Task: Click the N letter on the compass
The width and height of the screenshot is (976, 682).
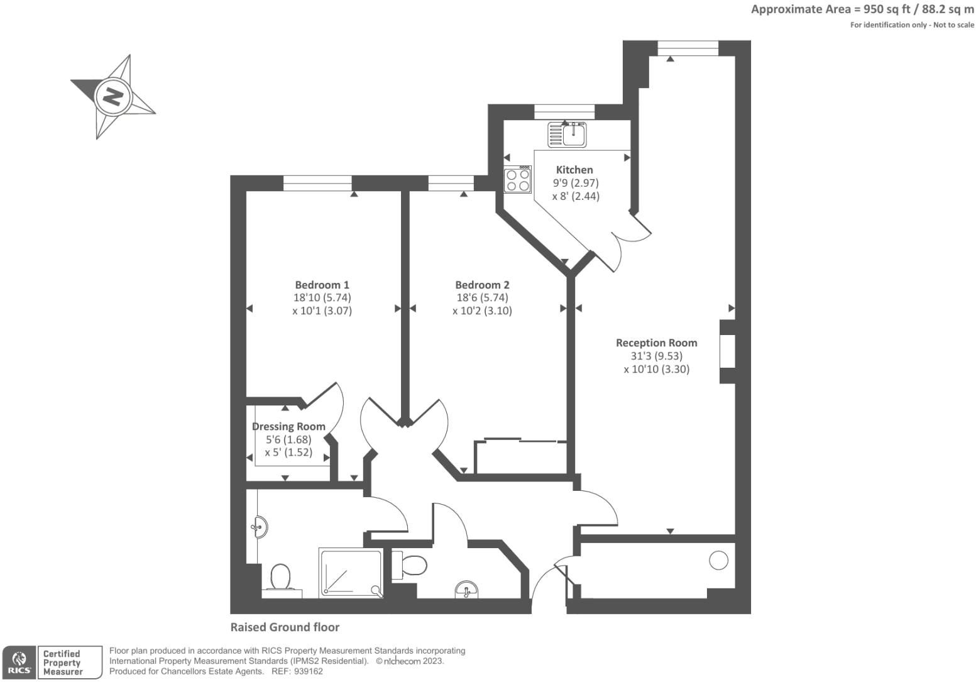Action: click(x=113, y=97)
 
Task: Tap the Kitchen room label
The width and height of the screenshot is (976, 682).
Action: click(x=574, y=170)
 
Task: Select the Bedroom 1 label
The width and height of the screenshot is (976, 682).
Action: click(x=322, y=285)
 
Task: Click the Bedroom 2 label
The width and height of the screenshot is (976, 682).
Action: click(x=482, y=285)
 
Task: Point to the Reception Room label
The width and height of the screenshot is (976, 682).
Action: click(x=656, y=343)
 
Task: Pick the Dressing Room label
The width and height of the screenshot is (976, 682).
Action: click(x=288, y=426)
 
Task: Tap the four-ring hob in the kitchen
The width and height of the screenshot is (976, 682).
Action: click(x=517, y=179)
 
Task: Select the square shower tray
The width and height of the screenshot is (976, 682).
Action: click(x=351, y=573)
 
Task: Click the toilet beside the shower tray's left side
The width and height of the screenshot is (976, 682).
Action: click(x=280, y=576)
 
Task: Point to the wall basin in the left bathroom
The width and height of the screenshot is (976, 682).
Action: click(x=260, y=527)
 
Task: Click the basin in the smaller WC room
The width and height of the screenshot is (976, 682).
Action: click(x=466, y=590)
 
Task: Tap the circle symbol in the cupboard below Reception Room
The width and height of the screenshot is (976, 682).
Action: click(x=718, y=560)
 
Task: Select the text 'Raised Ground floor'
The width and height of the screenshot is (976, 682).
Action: click(x=285, y=627)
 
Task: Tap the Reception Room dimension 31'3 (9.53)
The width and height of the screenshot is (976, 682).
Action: click(x=656, y=356)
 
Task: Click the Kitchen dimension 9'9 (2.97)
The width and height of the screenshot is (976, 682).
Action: click(x=575, y=183)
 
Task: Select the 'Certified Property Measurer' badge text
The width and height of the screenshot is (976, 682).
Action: click(x=63, y=663)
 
